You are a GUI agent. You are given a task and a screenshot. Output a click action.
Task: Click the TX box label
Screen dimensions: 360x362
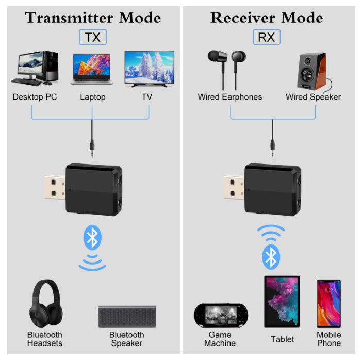[93, 37]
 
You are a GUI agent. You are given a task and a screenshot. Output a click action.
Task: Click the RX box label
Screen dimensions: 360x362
[267, 37]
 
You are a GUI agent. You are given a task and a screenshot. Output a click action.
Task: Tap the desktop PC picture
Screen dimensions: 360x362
[35, 68]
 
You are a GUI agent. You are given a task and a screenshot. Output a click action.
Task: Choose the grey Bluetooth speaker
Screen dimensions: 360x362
[127, 316]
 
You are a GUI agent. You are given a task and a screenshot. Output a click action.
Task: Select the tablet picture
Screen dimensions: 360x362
[282, 302]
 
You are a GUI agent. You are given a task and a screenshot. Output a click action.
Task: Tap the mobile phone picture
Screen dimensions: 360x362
[328, 305]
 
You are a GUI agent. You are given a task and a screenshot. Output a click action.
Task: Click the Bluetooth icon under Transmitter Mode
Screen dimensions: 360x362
[92, 238]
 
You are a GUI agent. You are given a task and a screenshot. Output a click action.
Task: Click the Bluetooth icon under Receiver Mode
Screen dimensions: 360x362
[271, 256]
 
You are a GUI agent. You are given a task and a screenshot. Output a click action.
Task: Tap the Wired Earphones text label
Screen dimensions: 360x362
[229, 97]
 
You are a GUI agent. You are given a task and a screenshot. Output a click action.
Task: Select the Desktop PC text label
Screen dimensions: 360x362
[35, 97]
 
